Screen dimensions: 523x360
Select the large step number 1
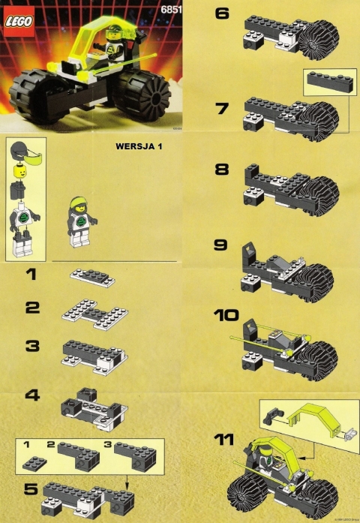[30, 276]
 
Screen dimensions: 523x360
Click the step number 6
[222, 14]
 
